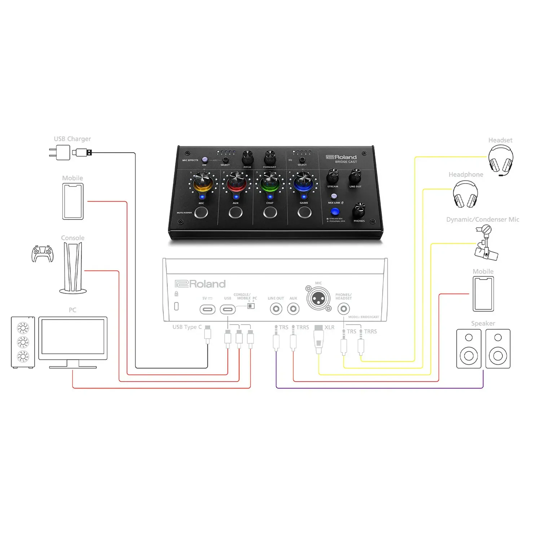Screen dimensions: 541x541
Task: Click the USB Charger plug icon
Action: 60,153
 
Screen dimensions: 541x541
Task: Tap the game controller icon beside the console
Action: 43,254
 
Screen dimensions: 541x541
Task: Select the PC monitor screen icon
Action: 73,337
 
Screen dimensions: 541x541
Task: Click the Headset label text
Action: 500,140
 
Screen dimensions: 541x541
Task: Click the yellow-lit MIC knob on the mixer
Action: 202,182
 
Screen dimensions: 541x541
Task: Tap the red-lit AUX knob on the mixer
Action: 236,182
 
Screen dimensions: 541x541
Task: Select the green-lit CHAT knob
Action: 270,182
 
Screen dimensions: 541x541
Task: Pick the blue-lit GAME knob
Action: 304,182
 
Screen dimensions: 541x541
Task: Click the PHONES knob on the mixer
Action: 359,209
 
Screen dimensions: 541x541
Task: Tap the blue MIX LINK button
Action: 335,212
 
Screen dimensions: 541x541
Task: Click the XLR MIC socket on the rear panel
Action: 318,299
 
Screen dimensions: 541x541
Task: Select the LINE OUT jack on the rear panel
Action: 276,309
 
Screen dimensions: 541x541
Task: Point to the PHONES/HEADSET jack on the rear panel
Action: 344,309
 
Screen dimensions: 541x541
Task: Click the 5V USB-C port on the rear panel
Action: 207,309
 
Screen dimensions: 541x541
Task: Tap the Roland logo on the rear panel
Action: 200,284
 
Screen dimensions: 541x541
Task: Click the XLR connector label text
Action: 329,327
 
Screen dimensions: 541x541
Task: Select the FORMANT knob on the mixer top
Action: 270,157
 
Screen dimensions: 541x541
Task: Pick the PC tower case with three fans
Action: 23,342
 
